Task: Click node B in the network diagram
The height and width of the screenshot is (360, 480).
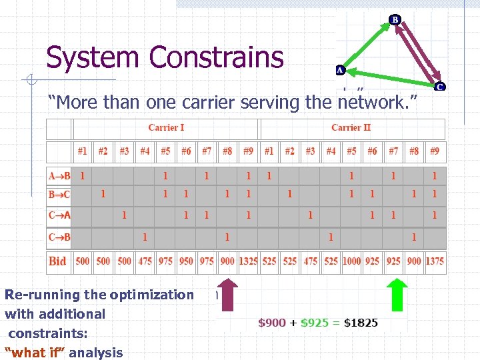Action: pos(395,19)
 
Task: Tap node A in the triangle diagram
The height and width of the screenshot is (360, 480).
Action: pos(339,69)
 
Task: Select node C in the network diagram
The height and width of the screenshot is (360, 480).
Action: pos(440,86)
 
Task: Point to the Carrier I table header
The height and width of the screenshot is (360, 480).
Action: pos(166,127)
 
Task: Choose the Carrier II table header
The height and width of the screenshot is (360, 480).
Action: pos(351,127)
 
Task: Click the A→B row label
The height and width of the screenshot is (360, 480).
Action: pos(59,176)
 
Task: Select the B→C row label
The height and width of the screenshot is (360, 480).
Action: pos(59,194)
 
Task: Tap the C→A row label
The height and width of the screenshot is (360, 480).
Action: pos(59,215)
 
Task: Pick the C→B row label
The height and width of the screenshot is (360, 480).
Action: pos(59,237)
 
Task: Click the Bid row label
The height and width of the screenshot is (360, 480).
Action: pos(58,261)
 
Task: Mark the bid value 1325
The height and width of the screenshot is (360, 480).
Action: pos(248,261)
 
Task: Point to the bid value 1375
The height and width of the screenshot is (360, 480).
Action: pos(435,261)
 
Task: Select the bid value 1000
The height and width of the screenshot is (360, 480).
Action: pos(351,261)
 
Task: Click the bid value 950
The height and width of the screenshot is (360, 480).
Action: pos(186,261)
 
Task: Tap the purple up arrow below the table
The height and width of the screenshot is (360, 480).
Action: pos(227,295)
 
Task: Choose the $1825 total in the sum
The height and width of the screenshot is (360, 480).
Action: pos(361,323)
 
